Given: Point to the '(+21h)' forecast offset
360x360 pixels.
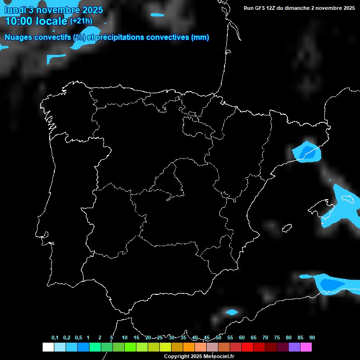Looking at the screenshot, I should (81, 21).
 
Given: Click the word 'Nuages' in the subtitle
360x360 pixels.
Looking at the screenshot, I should (19, 37).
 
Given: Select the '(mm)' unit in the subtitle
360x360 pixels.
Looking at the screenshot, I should (200, 37).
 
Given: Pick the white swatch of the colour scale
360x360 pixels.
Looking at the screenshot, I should (48, 347).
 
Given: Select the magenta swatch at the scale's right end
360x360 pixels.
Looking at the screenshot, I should (306, 347).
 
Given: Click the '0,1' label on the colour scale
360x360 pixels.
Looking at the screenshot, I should (55, 338).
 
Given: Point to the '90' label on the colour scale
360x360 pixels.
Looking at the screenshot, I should (312, 338).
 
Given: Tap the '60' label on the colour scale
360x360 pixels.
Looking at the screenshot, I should (242, 338).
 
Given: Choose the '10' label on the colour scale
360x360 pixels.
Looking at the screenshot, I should (125, 338).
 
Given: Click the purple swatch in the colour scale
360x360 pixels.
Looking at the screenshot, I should (294, 347).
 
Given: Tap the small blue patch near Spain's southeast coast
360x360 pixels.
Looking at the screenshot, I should (231, 312).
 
